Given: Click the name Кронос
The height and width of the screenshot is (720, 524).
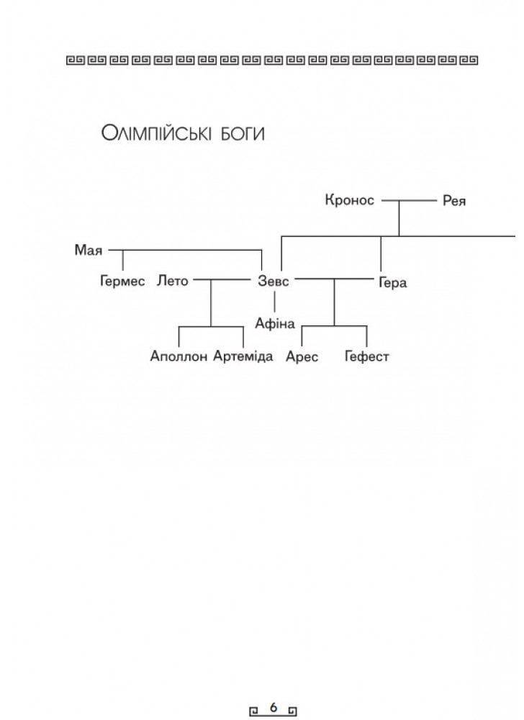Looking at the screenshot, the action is [x=350, y=200].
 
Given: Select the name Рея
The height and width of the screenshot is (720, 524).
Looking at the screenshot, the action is [x=453, y=201].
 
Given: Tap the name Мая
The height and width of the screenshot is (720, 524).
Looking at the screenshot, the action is [x=88, y=251].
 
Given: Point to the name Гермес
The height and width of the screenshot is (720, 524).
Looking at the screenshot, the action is [x=122, y=281].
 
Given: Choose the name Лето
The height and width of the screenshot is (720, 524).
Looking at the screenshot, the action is [x=173, y=280].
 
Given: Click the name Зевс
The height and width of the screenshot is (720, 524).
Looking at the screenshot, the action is [x=274, y=281].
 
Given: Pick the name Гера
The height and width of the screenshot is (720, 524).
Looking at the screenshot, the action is [x=393, y=282].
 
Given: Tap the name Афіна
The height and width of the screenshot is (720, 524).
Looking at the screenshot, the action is [x=275, y=324].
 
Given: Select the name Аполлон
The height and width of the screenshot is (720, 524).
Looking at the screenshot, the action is [x=179, y=356].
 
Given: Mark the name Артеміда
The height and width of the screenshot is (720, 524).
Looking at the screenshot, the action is [x=243, y=356].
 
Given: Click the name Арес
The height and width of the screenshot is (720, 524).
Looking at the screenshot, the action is [x=302, y=357].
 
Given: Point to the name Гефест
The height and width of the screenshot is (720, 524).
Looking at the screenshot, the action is [x=366, y=357].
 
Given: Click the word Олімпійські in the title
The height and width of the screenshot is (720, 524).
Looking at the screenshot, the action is [x=156, y=134].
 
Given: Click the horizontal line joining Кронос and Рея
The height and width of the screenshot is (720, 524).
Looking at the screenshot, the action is [x=410, y=201].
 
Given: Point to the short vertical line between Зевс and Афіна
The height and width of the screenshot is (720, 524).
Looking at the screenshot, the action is [x=275, y=302].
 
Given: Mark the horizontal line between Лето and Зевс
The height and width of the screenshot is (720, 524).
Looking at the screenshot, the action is [x=222, y=279].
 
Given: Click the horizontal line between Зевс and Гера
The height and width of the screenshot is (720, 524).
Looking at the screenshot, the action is [x=335, y=279].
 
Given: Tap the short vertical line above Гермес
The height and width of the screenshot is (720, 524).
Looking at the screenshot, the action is [x=122, y=261].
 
